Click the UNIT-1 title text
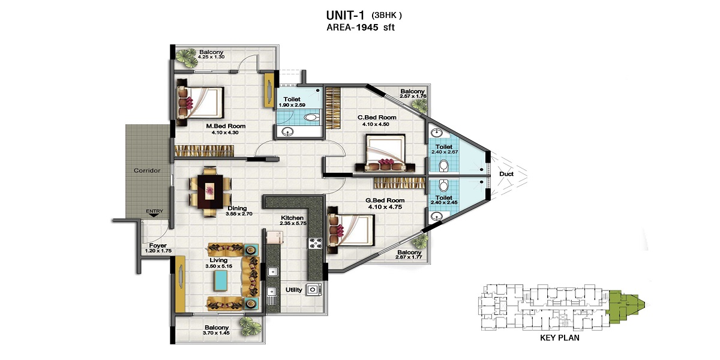[345, 15]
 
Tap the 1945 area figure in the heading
[367, 28]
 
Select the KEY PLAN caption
[560, 338]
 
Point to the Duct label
[506, 174]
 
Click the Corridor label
[147, 170]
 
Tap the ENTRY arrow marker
[155, 215]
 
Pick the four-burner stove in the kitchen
[314, 243]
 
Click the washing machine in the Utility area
[313, 290]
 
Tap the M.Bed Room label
[226, 127]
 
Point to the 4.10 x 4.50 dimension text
[376, 124]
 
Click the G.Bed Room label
[385, 200]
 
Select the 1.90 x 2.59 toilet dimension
[292, 105]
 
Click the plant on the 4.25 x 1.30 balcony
[186, 58]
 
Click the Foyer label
[158, 245]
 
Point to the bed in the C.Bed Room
[385, 153]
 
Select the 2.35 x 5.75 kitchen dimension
[293, 223]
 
